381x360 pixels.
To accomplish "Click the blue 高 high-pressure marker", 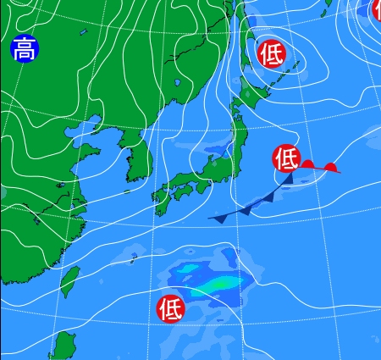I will pos(25,49).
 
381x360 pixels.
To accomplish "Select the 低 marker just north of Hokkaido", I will pos(272,53).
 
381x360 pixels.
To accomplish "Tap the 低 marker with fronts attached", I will pos(287,158).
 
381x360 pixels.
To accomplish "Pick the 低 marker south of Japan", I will pos(171,308).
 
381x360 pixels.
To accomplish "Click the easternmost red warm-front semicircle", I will pos(331,168).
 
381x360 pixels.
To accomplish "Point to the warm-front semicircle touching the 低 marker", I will pos(308,164).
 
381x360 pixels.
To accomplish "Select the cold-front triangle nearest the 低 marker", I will pos(287,179).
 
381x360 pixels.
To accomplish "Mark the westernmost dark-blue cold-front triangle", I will pos(220,218).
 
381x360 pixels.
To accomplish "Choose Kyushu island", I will pos(162,200).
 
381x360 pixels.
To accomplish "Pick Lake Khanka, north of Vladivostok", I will pos(179,84).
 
